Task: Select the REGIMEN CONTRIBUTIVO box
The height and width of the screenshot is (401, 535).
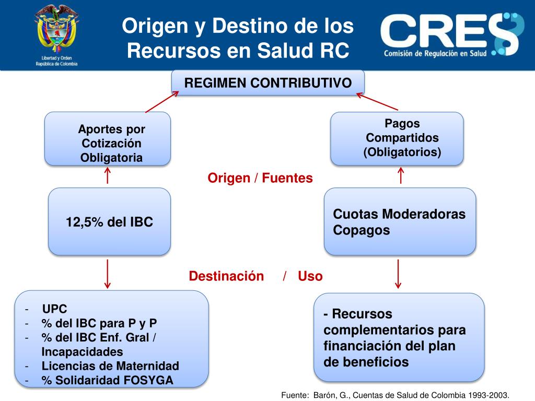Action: pos(268,83)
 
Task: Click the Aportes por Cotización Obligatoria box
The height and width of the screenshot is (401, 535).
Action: pos(108,139)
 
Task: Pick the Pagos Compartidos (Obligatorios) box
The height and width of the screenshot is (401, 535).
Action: pos(397,138)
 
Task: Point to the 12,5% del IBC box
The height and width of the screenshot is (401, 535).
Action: pos(109,222)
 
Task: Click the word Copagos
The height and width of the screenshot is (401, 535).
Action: pos(362,230)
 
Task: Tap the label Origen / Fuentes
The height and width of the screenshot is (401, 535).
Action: pos(260,178)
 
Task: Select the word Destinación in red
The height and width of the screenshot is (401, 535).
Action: pos(226,276)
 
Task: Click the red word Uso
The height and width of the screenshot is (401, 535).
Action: pos(310,276)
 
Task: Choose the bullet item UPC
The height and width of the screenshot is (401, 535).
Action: pos(55,309)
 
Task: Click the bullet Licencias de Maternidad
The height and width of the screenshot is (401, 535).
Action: pos(110,365)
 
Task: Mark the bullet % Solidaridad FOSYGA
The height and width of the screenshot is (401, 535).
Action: pos(107,380)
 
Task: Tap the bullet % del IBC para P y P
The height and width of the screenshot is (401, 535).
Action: pos(99,323)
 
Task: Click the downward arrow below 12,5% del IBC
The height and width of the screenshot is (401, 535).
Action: pos(108,274)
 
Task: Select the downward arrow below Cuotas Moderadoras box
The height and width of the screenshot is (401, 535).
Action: pos(399,274)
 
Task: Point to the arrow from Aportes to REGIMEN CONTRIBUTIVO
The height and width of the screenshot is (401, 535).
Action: pos(162,102)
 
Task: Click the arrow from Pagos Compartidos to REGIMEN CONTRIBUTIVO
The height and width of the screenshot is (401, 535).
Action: pos(377,102)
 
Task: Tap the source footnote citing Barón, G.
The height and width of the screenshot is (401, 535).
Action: pos(394,395)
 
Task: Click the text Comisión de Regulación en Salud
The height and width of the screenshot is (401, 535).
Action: pos(435,53)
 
